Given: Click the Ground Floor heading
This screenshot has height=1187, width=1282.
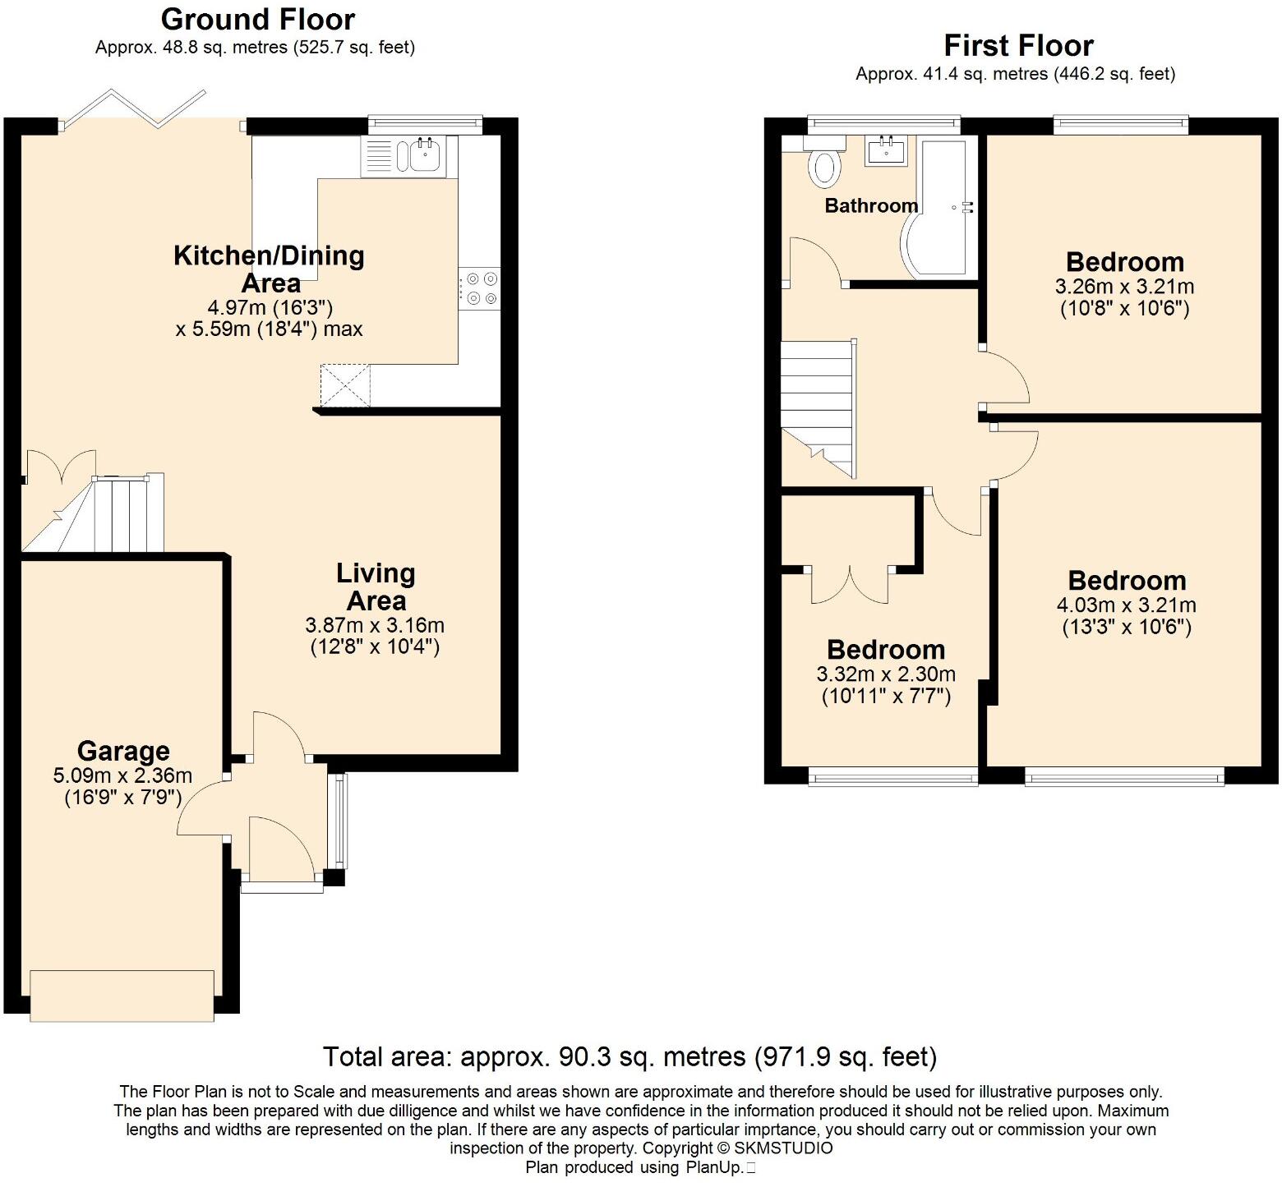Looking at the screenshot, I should [x=257, y=19].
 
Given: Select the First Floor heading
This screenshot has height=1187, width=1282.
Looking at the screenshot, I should [x=1018, y=45].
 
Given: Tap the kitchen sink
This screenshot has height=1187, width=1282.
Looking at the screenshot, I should [x=425, y=155].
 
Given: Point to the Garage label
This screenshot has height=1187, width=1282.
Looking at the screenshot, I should [x=123, y=751].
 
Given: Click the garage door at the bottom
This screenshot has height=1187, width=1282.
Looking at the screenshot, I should [x=122, y=995].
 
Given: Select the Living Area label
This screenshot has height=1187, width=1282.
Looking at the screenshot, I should [x=376, y=587].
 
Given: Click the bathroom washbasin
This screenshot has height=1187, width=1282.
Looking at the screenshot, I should [x=886, y=151].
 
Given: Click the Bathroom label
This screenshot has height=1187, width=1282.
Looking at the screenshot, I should [x=870, y=205].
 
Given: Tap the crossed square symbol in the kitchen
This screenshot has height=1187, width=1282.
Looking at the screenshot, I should [x=345, y=385].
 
